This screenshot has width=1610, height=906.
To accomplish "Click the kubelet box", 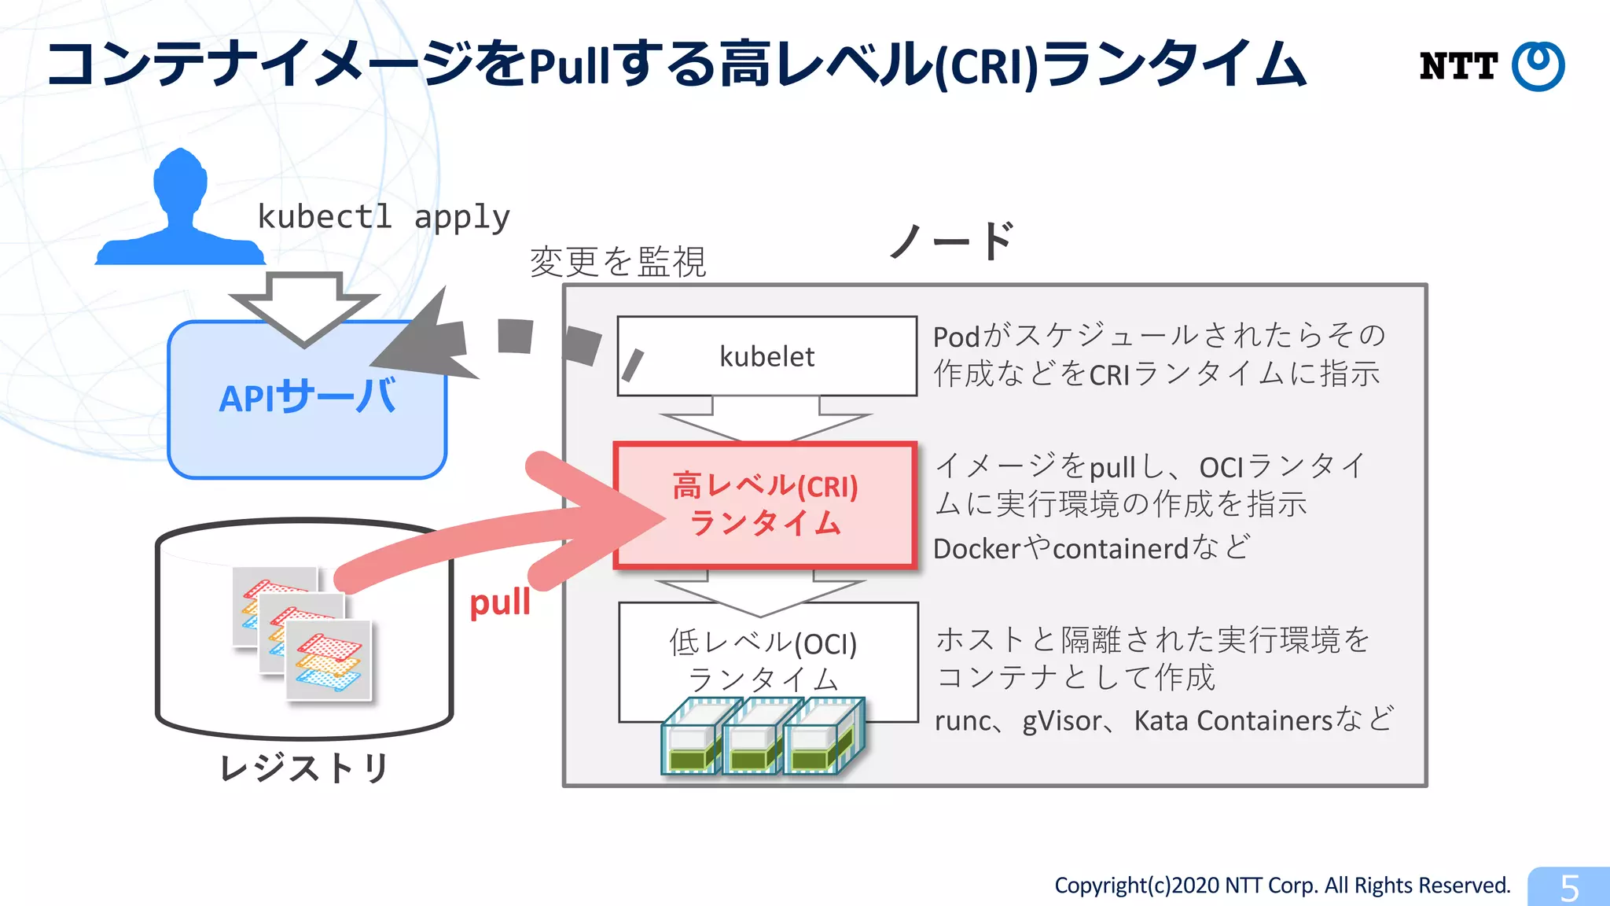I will tap(766, 356).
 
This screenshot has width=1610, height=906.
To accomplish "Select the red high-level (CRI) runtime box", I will tap(765, 505).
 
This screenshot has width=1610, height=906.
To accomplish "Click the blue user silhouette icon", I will tap(180, 209).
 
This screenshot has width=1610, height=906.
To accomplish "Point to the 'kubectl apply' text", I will tap(384, 216).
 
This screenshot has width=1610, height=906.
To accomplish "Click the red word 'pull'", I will tap(500, 603).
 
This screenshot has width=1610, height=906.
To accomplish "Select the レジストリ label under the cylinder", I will tap(303, 768).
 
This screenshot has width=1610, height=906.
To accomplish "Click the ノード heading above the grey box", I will tap(952, 240).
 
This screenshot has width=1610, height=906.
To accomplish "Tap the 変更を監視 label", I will tap(618, 262).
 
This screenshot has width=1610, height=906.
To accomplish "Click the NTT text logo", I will tap(1458, 66).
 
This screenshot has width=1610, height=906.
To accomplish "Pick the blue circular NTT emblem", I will tap(1538, 66).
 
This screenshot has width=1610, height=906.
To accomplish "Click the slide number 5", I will tap(1569, 888).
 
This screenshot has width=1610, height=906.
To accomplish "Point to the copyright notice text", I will tap(1282, 886).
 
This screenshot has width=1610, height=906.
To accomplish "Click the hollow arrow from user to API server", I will tap(304, 307).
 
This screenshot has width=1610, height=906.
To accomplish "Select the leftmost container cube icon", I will tap(692, 738).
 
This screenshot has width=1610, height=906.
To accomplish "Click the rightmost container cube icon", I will tap(823, 738).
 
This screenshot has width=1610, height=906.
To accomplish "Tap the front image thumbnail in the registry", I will tap(329, 661).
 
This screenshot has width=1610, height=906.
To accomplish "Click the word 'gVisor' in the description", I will tap(1062, 720).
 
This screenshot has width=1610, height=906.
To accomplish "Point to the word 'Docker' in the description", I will tap(976, 548).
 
